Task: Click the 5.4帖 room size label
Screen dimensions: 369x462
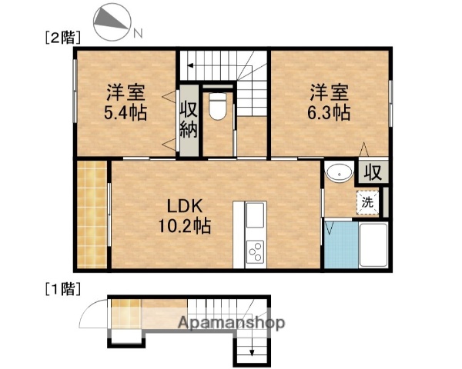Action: pyautogui.click(x=126, y=112)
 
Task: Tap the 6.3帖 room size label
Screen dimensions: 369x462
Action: pyautogui.click(x=330, y=112)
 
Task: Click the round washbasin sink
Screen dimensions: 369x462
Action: pyautogui.click(x=336, y=173)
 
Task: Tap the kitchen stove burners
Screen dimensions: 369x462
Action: pyautogui.click(x=254, y=250)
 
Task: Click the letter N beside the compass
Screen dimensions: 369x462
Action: pyautogui.click(x=138, y=33)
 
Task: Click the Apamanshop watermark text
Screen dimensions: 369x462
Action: pyautogui.click(x=231, y=323)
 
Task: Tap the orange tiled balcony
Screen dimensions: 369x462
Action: pyautogui.click(x=93, y=215)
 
